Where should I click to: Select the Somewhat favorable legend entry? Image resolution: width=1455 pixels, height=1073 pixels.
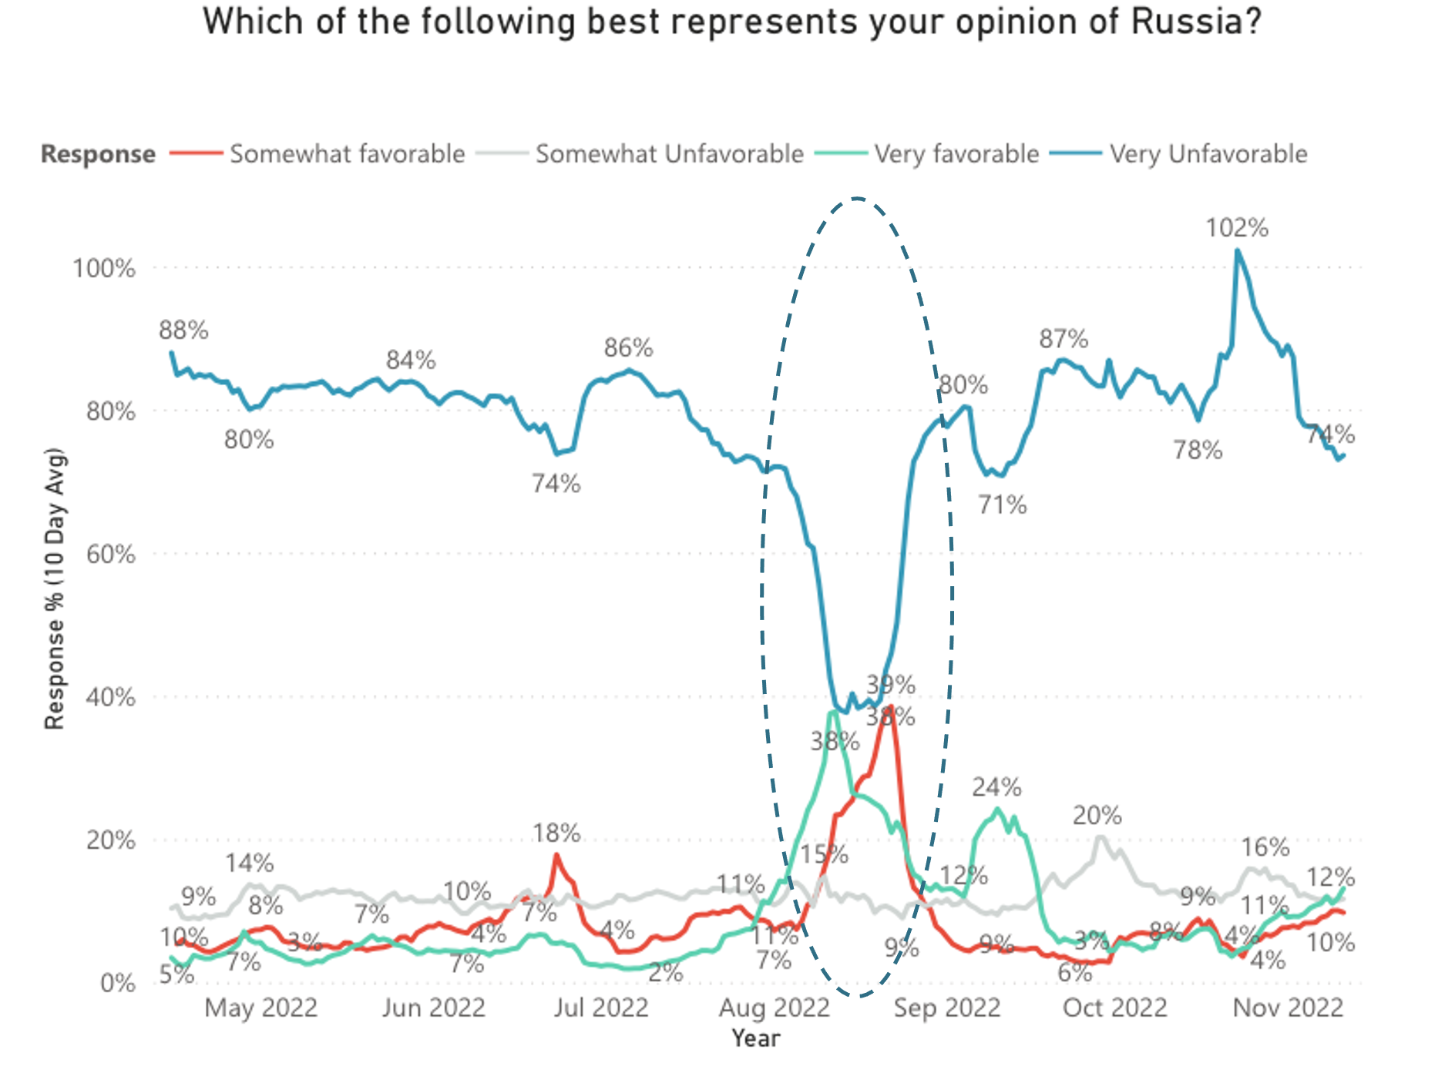click(x=347, y=154)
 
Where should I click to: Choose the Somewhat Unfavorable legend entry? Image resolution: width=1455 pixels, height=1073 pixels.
click(x=669, y=154)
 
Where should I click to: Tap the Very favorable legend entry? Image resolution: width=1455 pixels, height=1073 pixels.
click(x=956, y=154)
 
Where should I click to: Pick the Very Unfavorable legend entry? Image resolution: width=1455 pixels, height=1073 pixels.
click(x=1208, y=154)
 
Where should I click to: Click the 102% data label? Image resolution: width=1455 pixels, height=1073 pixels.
click(x=1237, y=228)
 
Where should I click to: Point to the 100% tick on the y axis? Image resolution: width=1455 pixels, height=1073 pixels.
click(x=104, y=269)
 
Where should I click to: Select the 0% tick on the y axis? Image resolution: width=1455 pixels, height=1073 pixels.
click(x=118, y=983)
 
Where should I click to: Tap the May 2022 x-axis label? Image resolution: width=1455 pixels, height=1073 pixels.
click(x=260, y=1008)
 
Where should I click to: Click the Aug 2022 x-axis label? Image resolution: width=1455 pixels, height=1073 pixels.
click(x=774, y=1008)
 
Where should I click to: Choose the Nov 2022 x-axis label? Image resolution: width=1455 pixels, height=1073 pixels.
click(x=1288, y=1008)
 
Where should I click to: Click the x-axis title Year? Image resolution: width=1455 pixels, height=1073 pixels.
click(x=756, y=1038)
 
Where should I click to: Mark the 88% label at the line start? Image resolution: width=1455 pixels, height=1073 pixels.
click(x=183, y=330)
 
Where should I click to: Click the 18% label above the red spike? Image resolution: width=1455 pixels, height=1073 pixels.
click(x=556, y=833)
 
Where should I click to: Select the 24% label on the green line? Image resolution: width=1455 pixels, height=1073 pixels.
click(x=996, y=787)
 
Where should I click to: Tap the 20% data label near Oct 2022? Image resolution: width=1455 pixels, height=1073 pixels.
click(x=1097, y=815)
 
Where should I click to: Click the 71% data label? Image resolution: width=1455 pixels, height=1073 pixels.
click(x=1003, y=505)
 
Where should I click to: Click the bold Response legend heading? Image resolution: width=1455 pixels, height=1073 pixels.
click(x=98, y=154)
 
